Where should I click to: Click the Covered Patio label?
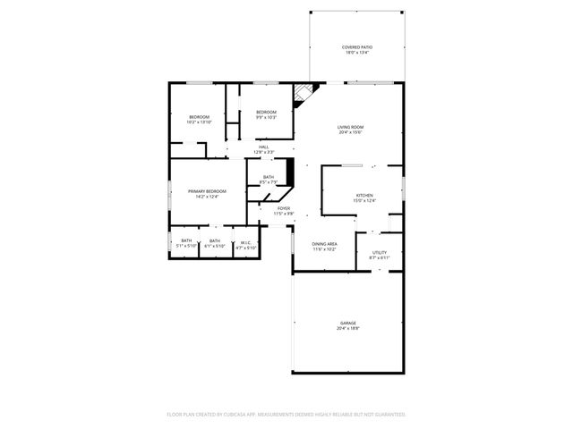pos(357,46)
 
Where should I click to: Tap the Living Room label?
pos(350,127)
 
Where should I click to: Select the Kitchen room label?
pos(364,195)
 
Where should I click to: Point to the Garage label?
pos(347,323)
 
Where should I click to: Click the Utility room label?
pos(380,252)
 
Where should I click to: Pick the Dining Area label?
pos(324,243)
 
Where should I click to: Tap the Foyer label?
pos(283,208)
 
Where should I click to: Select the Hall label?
pos(264,147)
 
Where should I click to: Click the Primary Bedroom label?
pos(207,191)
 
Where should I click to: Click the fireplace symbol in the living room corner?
pos(305,92)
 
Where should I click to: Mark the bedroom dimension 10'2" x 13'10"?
pos(199,122)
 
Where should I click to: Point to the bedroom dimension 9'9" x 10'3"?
pos(266,117)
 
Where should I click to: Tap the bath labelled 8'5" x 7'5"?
pos(269,182)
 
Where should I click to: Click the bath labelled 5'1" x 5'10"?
pos(186,245)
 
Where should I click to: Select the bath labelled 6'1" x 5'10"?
pos(215,245)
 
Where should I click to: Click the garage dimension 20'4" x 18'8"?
pos(347,328)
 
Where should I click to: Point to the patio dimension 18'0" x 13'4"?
pos(357,52)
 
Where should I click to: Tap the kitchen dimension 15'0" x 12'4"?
pos(364,200)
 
